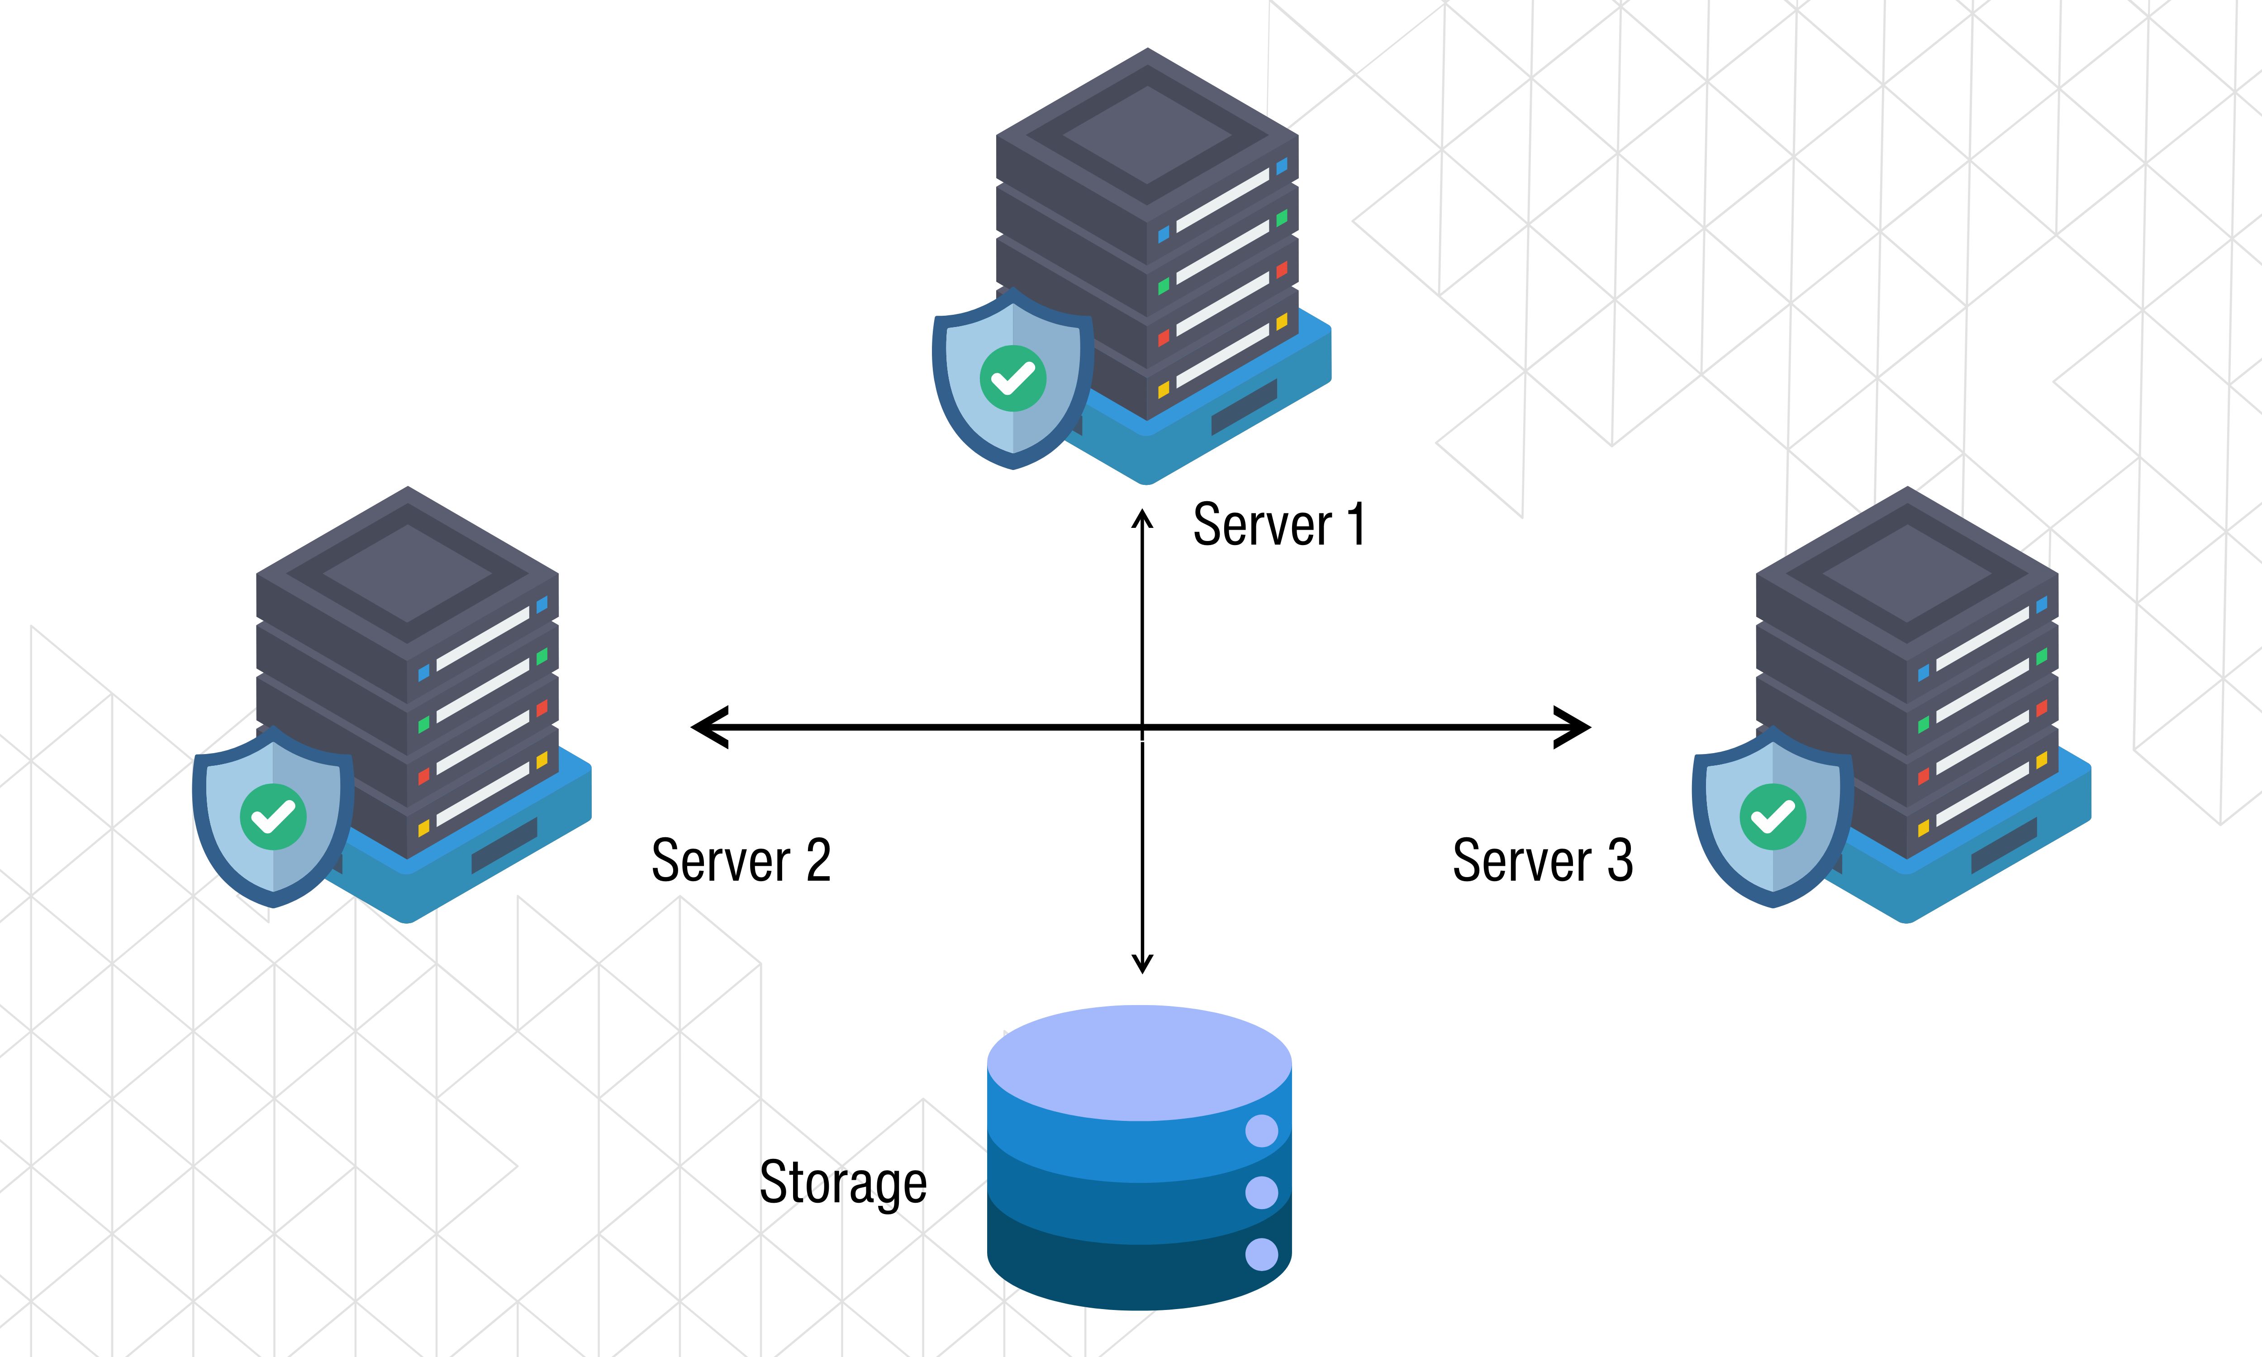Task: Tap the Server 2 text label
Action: (741, 860)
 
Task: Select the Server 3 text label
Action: (1542, 860)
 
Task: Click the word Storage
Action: (843, 1182)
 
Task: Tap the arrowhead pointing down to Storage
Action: (1142, 964)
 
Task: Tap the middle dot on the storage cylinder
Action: (1262, 1192)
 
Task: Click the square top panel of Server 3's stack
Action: (1907, 574)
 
